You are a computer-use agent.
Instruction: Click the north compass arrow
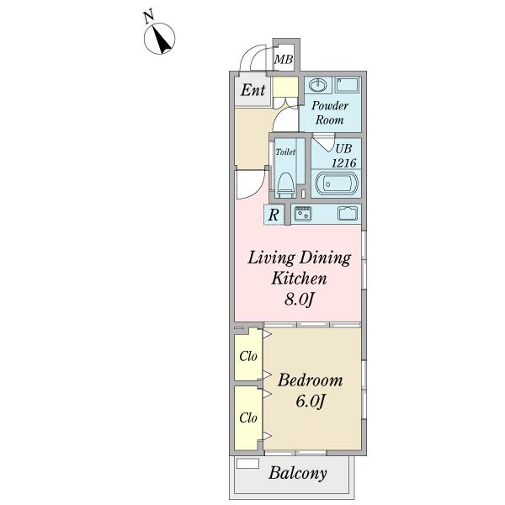(x=162, y=40)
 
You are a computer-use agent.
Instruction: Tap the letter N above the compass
(x=148, y=18)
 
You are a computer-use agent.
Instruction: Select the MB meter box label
(x=284, y=60)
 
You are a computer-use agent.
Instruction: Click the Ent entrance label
(x=253, y=90)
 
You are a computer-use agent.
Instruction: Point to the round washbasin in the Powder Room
(x=318, y=85)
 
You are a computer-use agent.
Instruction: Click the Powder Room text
(x=330, y=113)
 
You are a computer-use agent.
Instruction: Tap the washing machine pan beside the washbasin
(x=347, y=85)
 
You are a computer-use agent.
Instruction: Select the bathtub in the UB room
(x=337, y=183)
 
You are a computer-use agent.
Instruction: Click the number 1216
(x=344, y=163)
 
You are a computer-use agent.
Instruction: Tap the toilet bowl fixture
(x=285, y=185)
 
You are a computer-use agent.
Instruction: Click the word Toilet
(x=285, y=151)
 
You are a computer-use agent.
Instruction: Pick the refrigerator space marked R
(x=274, y=215)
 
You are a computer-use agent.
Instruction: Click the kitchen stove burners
(x=303, y=214)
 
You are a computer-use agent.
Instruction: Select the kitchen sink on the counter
(x=348, y=214)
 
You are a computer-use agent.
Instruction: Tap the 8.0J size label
(x=299, y=300)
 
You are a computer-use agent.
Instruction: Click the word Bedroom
(x=311, y=380)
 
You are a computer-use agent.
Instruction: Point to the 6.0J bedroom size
(x=311, y=401)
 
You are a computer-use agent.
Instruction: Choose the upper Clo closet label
(x=248, y=356)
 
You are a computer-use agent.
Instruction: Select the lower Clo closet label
(x=248, y=418)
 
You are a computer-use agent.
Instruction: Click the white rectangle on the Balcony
(x=247, y=464)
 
